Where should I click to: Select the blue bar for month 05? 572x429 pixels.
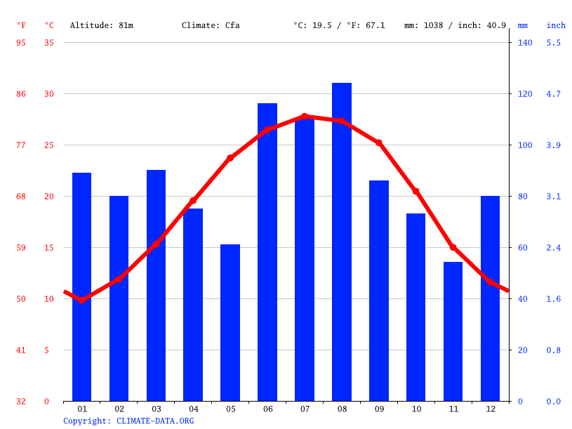point(230,323)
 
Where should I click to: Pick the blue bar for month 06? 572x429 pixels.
point(267,252)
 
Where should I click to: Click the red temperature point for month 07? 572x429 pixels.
point(305,117)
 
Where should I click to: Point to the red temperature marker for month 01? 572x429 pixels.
point(82,300)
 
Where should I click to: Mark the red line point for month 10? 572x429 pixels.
point(415,191)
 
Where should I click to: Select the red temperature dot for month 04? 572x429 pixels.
point(193,201)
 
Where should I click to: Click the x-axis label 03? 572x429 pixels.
point(156,409)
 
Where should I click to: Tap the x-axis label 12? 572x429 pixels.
point(490,409)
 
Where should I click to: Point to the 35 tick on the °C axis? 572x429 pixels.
point(48,43)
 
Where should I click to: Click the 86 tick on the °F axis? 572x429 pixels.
point(21,94)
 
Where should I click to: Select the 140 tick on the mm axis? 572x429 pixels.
point(525,43)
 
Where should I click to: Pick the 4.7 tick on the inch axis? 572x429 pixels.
point(554,94)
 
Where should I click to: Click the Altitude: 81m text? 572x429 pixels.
point(101,25)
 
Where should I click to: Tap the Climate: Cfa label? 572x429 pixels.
point(211,25)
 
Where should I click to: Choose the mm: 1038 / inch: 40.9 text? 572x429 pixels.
point(455,25)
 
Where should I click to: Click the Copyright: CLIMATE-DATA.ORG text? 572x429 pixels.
point(128,421)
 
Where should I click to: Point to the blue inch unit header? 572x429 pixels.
point(556,25)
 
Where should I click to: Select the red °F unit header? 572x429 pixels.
point(21,25)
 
